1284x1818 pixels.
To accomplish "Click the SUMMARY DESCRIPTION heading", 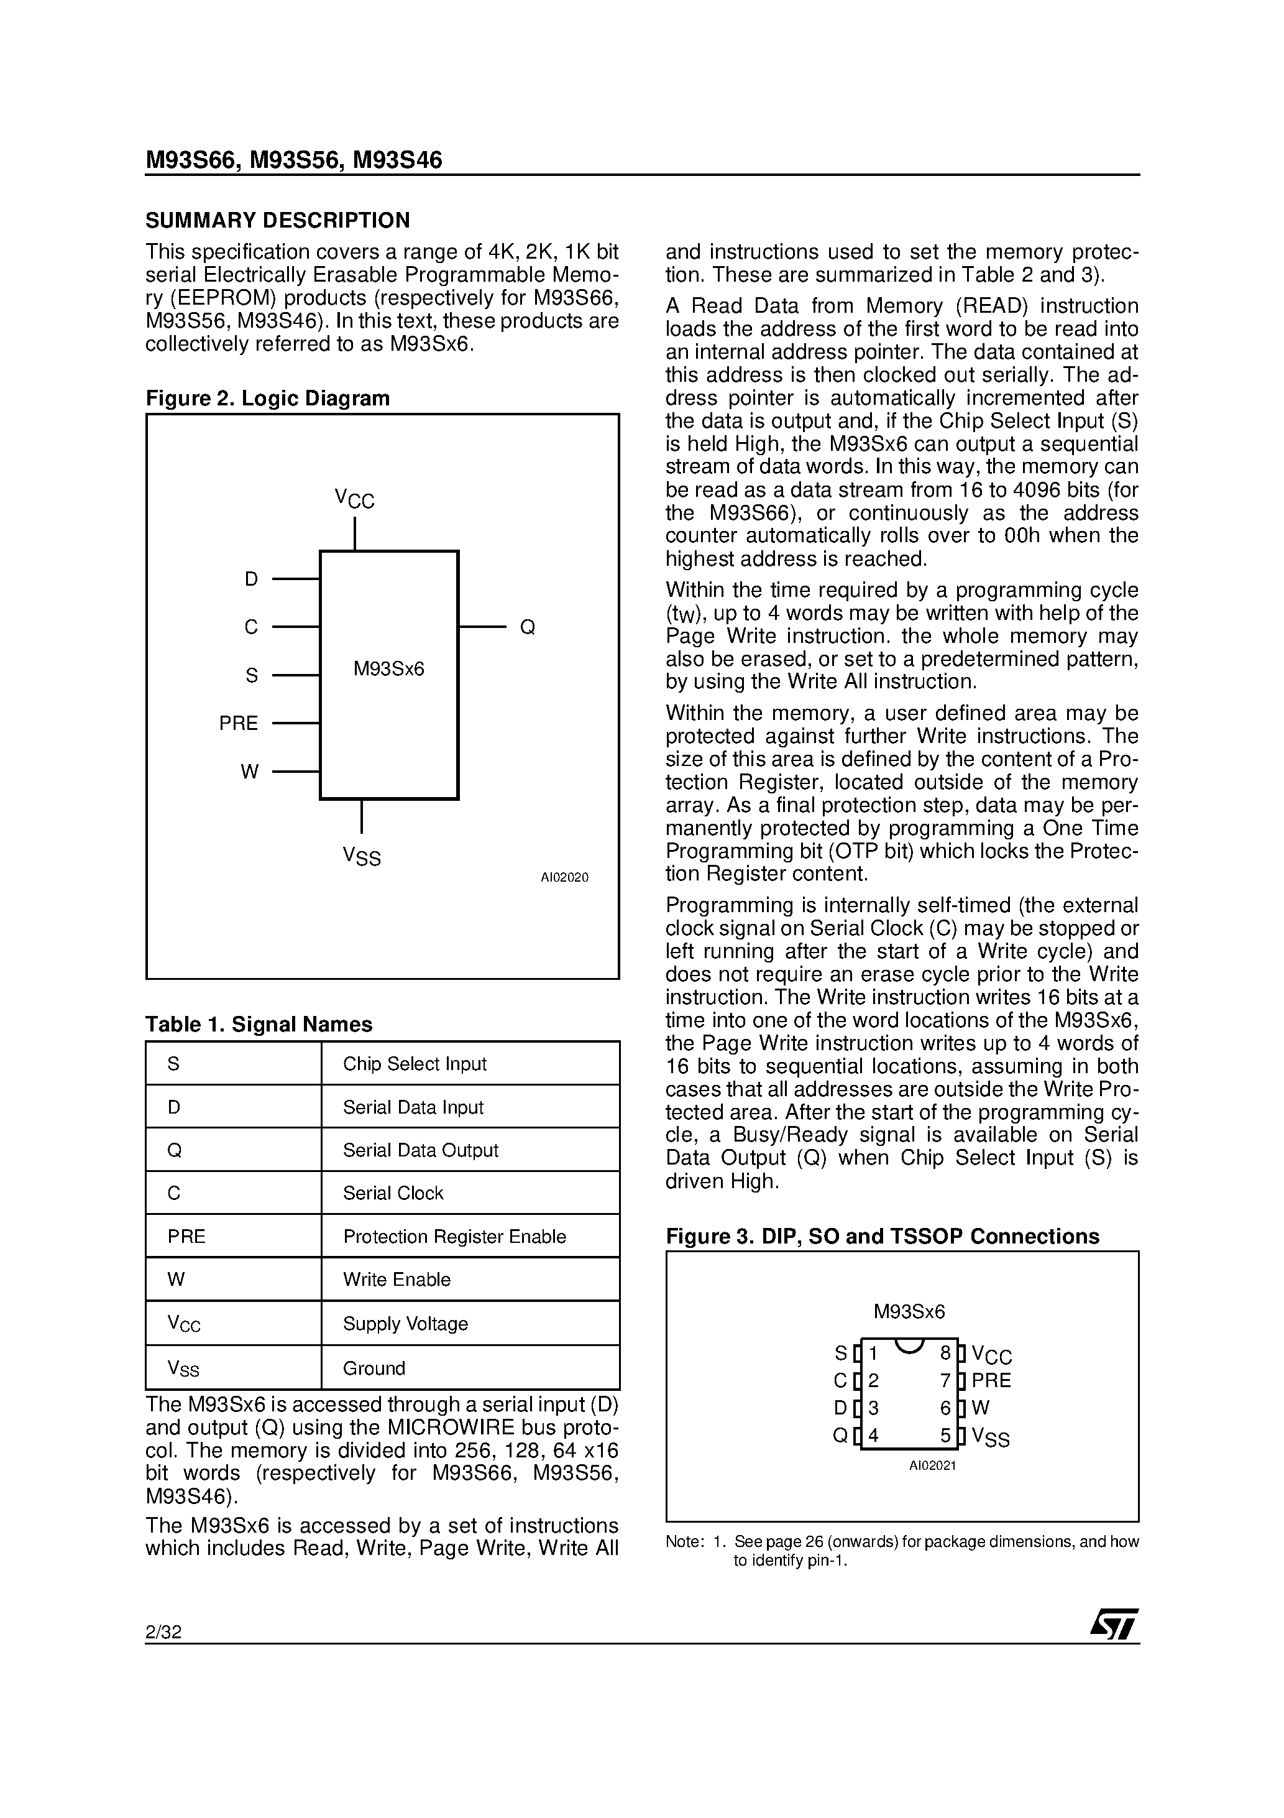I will pyautogui.click(x=278, y=220).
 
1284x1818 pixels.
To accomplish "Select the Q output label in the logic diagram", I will pyautogui.click(x=527, y=627).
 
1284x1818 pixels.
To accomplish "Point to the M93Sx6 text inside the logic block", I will pyautogui.click(x=388, y=669).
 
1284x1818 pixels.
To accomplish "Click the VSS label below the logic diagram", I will pyautogui.click(x=362, y=856).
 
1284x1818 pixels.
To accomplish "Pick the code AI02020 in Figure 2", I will pyautogui.click(x=564, y=877).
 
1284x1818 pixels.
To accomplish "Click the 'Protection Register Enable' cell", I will pyautogui.click(x=454, y=1236).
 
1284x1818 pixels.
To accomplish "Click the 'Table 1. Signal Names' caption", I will pyautogui.click(x=259, y=1024).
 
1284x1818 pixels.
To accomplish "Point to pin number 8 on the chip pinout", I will pyautogui.click(x=945, y=1353).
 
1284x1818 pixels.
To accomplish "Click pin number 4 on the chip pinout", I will pyautogui.click(x=873, y=1436).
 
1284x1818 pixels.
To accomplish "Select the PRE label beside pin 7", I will pyautogui.click(x=991, y=1380).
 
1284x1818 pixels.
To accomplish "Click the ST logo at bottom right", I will pyautogui.click(x=1114, y=1624).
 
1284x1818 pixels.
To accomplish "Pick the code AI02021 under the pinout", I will pyautogui.click(x=932, y=1465).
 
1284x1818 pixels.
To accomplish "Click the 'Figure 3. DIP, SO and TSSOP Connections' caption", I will pyautogui.click(x=882, y=1236).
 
